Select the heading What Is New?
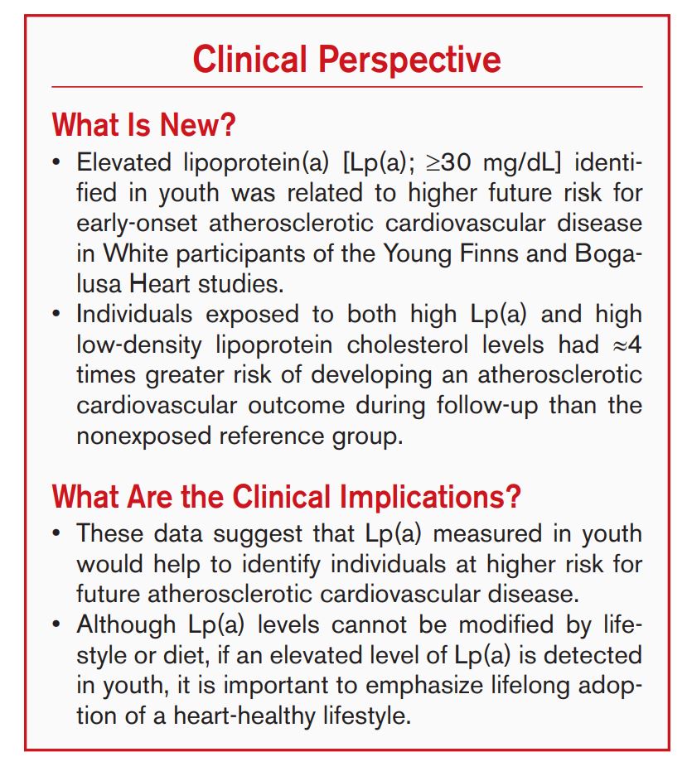144,125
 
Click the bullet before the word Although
56,625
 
